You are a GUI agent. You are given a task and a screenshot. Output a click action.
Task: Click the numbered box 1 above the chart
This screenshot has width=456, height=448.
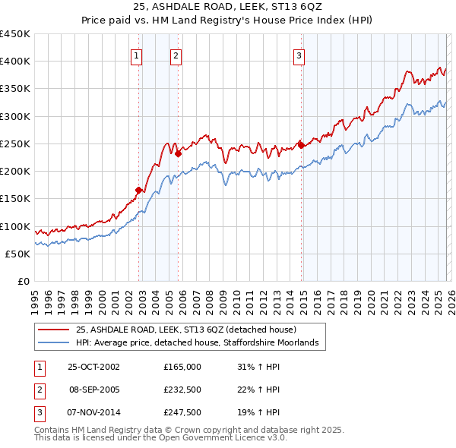136,55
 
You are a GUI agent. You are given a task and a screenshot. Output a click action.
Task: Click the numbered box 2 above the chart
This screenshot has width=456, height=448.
176,55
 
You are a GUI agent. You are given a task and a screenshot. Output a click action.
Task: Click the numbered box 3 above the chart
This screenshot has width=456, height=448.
299,55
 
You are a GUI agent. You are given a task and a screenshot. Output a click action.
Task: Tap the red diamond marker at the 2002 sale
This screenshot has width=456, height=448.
139,191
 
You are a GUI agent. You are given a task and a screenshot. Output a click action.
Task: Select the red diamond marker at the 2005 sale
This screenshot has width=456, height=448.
178,153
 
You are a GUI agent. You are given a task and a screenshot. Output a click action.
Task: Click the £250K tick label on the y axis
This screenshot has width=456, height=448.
15,144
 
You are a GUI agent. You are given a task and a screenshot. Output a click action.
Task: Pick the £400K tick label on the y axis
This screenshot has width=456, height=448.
15,62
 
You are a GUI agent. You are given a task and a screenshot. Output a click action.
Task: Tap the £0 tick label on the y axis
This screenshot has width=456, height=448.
23,281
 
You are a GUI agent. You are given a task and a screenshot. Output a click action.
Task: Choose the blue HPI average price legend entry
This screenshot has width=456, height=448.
201,343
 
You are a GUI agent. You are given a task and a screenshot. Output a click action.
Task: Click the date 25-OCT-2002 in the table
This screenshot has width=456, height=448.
93,367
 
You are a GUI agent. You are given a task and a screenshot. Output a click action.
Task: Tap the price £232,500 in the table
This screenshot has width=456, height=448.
182,390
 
